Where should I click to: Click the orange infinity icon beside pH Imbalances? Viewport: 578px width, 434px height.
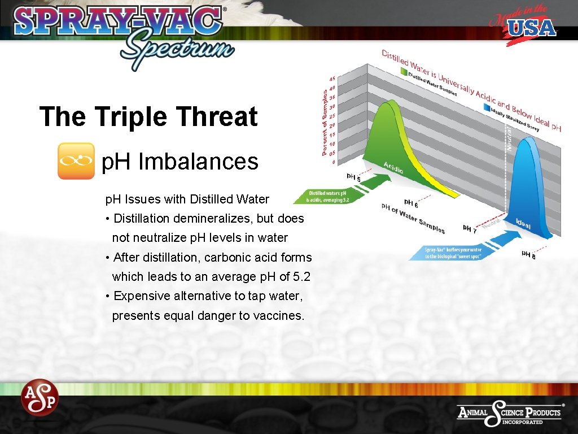pos(76,161)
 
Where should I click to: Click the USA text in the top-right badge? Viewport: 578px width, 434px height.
pos(532,27)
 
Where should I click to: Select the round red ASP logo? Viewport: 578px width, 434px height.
pos(40,397)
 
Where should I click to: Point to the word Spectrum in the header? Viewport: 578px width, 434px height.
pos(176,48)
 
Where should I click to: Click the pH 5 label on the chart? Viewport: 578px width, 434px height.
pos(353,179)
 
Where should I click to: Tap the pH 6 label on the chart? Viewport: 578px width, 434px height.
pos(411,203)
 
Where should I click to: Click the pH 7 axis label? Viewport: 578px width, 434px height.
pos(470,229)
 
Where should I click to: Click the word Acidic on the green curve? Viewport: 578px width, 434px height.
pos(393,168)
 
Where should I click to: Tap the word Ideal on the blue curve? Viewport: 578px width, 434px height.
pos(523,224)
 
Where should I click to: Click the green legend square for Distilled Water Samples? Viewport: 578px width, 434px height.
pos(404,72)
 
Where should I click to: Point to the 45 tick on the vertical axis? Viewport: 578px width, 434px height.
pos(332,79)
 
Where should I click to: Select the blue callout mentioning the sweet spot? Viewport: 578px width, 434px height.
pos(455,253)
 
